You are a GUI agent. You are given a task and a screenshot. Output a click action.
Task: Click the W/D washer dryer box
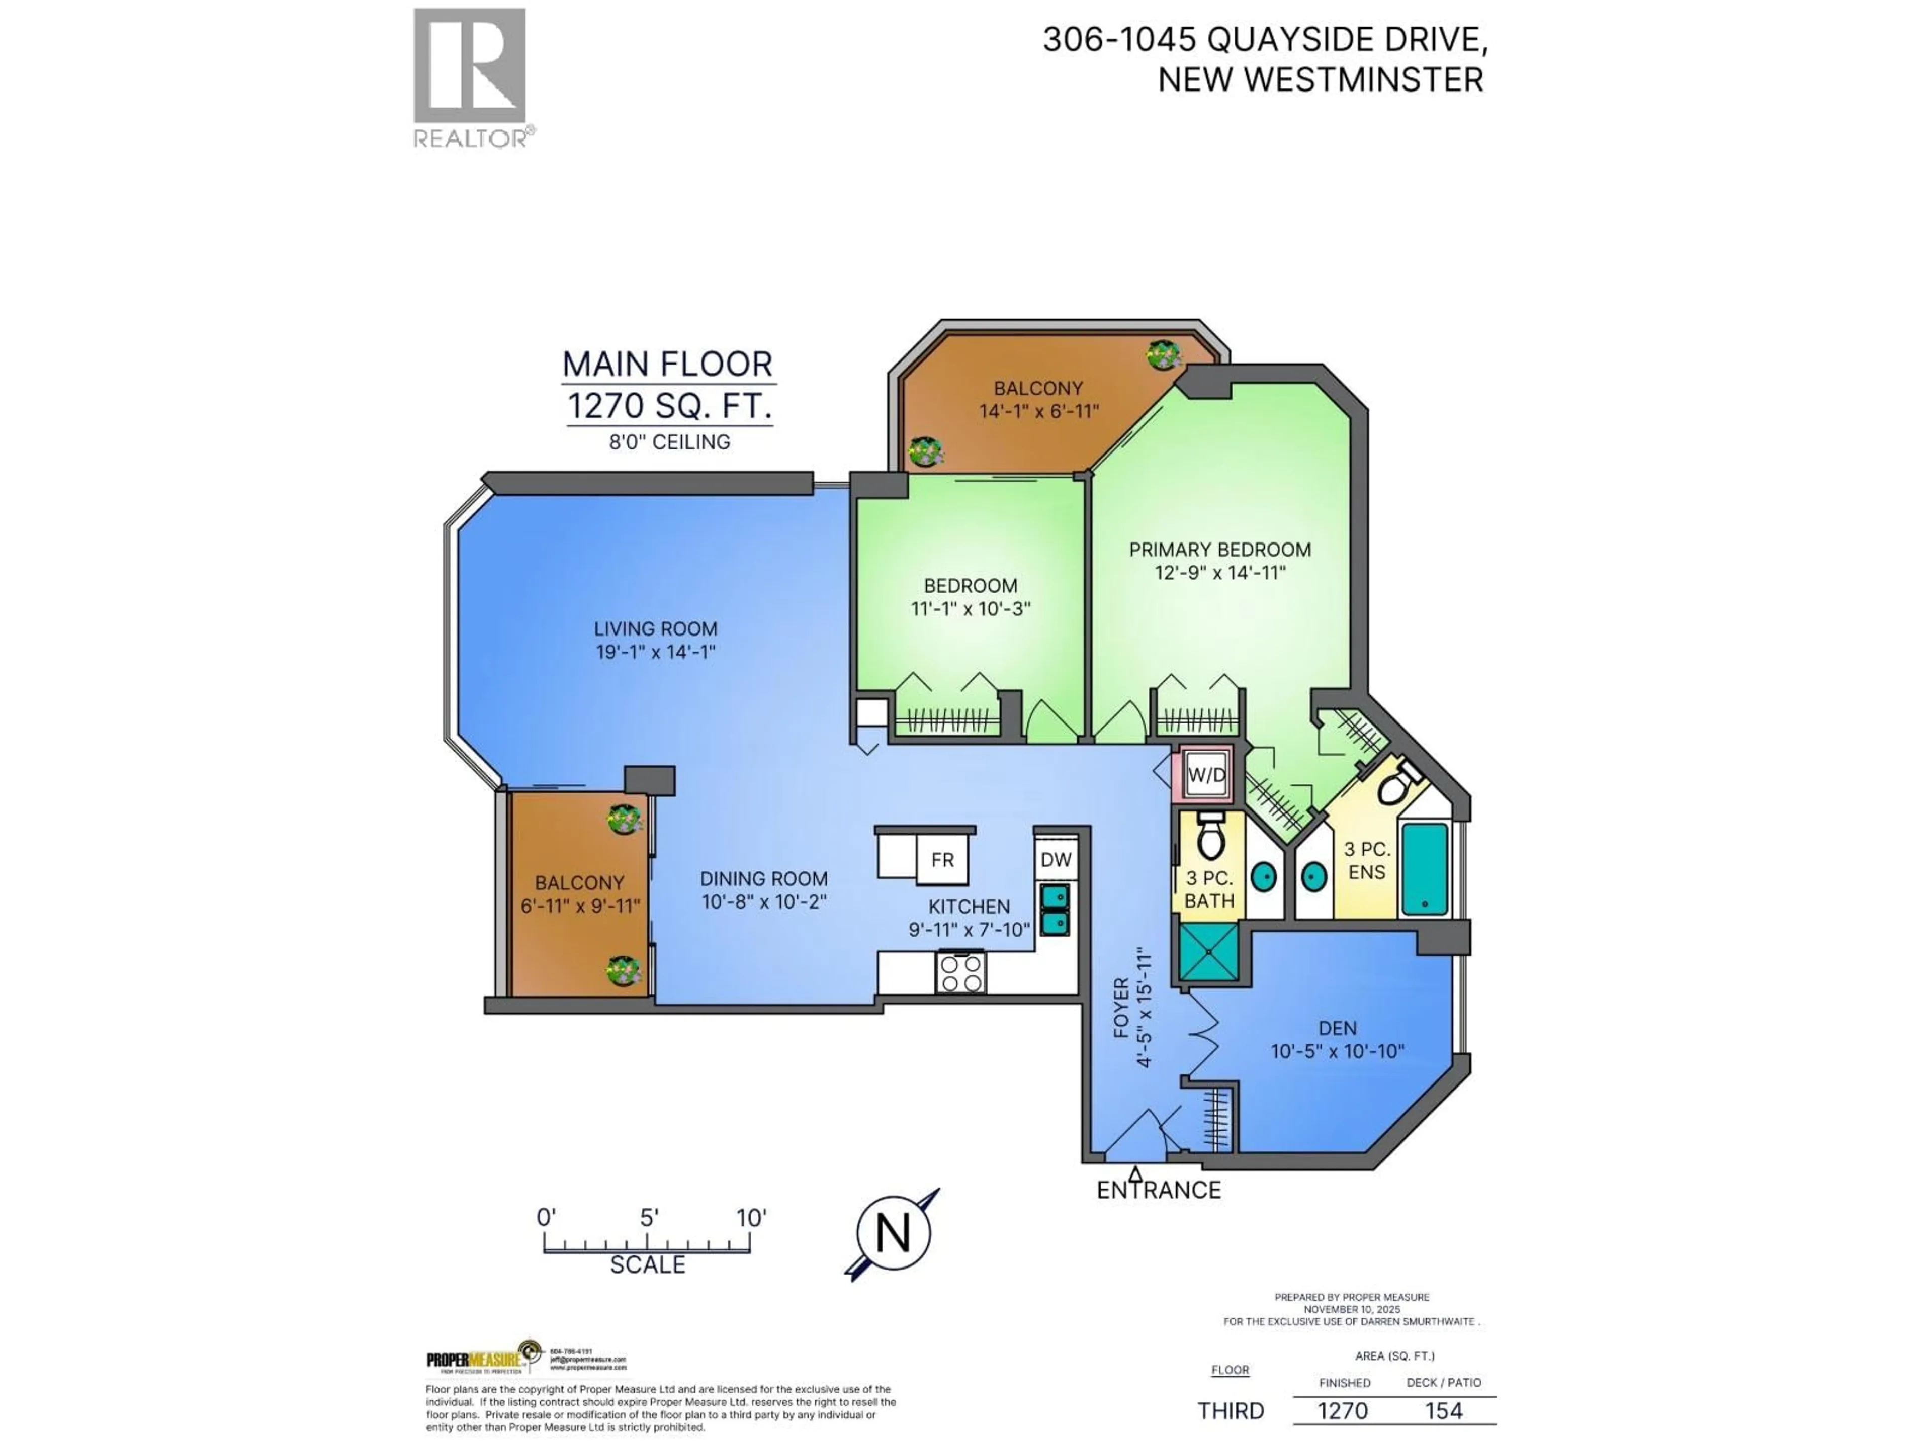click(1206, 774)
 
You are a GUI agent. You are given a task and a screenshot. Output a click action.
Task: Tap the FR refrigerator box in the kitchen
click(942, 860)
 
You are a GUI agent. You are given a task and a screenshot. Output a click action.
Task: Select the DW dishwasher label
click(1056, 860)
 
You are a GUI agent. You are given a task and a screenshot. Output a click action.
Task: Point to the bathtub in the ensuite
click(1424, 868)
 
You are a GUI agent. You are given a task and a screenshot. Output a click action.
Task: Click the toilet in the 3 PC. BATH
click(1210, 838)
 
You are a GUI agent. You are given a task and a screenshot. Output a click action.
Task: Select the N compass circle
click(893, 1233)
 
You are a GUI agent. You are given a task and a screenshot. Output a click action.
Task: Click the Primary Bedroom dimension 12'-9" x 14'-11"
click(1219, 574)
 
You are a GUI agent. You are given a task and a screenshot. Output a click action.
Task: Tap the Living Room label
click(656, 628)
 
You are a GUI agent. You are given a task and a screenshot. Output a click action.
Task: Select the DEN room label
click(1338, 1028)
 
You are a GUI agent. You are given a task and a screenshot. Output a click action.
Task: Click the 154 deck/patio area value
click(1443, 1410)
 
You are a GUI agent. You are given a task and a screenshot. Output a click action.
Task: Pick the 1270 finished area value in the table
click(1343, 1410)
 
